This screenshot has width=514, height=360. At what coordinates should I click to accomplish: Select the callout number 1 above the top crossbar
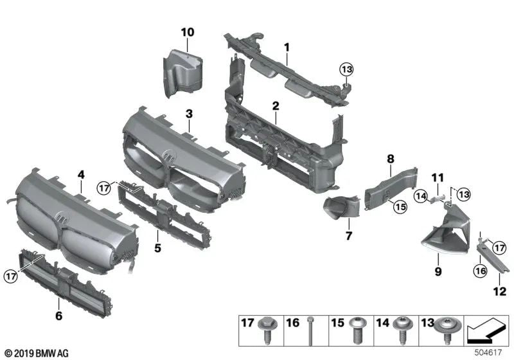pos(287,47)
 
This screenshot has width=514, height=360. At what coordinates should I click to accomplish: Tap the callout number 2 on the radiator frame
pos(275,105)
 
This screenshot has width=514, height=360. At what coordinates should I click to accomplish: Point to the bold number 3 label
pos(189,114)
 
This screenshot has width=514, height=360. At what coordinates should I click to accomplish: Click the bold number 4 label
pos(81,174)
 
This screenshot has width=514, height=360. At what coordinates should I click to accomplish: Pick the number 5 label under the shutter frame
pos(157,248)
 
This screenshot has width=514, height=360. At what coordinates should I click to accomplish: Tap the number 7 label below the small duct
pos(348,235)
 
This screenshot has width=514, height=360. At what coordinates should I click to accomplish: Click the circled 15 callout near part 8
pos(400,206)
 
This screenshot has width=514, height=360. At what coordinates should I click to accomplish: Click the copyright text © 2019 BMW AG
pos(36,353)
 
